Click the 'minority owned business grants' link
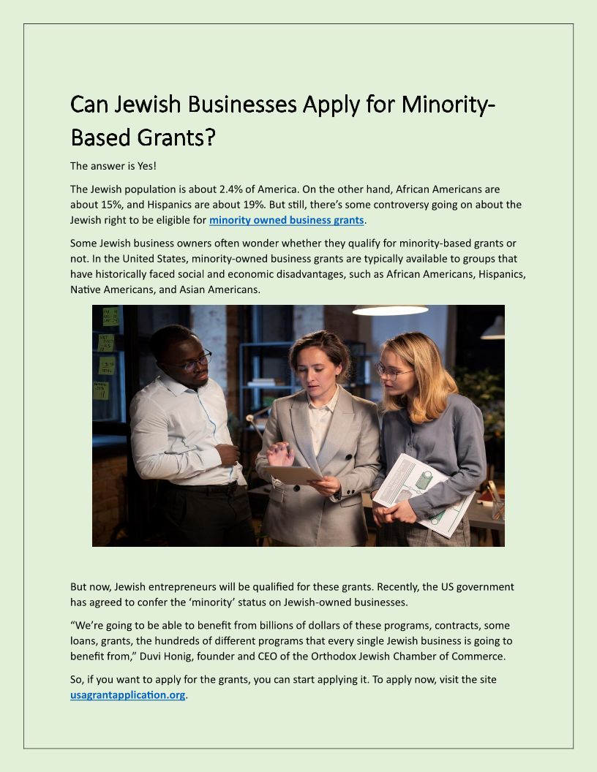[286, 220]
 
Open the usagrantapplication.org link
[127, 695]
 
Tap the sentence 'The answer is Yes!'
[113, 166]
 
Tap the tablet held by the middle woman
[296, 475]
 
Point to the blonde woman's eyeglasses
[394, 371]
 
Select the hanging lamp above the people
[390, 310]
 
